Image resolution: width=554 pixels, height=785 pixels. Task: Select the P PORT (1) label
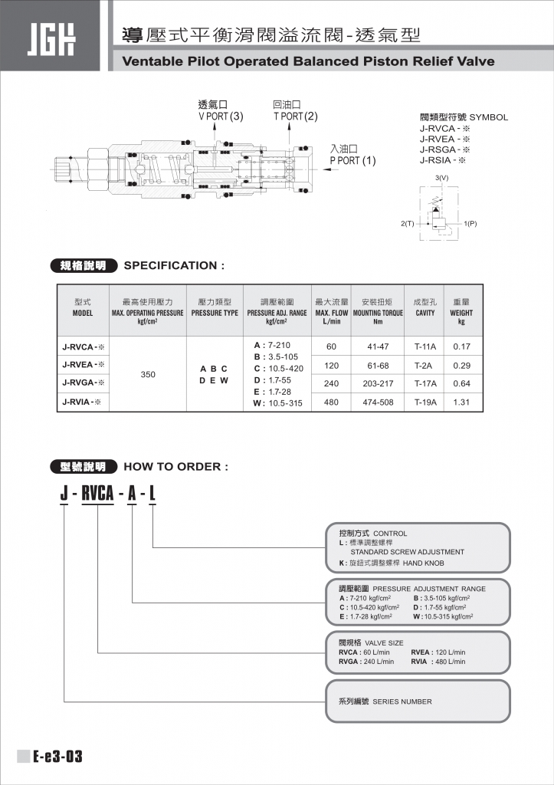point(352,161)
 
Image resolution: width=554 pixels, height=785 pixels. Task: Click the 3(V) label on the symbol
point(441,177)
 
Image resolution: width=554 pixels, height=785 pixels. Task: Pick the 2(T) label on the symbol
point(407,223)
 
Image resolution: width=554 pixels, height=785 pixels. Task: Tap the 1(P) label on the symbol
point(470,223)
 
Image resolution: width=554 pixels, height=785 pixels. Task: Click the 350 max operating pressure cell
point(149,375)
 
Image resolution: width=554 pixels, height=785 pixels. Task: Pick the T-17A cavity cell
point(425,383)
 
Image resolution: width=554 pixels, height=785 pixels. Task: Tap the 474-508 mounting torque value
point(377,402)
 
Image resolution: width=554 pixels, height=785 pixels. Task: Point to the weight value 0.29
point(461,365)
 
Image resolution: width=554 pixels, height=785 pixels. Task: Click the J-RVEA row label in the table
point(83,364)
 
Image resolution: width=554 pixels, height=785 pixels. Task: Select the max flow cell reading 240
point(331,383)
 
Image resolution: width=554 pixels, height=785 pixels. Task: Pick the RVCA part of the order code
point(97,494)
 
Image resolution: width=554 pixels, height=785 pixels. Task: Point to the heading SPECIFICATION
point(174,265)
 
